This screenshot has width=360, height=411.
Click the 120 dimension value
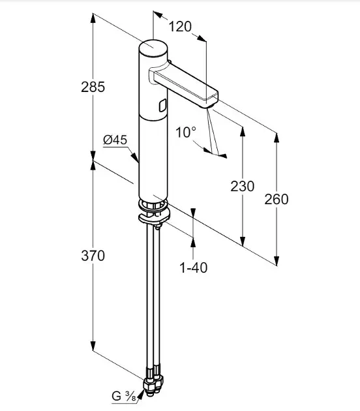(x=180, y=27)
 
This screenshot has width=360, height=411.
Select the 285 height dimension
(x=93, y=87)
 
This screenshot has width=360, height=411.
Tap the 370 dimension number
(x=93, y=256)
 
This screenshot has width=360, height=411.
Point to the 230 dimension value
(x=243, y=187)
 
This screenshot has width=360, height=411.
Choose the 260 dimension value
(x=276, y=199)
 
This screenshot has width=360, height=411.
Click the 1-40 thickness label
(x=193, y=267)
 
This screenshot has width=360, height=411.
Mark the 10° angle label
(x=185, y=132)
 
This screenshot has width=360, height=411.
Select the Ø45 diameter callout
(x=115, y=140)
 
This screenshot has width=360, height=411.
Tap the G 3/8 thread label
(x=124, y=396)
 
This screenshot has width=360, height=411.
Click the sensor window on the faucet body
(x=162, y=106)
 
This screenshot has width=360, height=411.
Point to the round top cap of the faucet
(x=153, y=48)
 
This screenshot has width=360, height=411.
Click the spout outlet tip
(x=207, y=104)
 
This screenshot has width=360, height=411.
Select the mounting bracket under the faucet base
(x=155, y=218)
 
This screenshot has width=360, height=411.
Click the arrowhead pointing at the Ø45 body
(x=134, y=157)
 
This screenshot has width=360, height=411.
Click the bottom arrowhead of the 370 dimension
(x=93, y=345)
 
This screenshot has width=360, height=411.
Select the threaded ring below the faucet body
(x=153, y=205)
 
